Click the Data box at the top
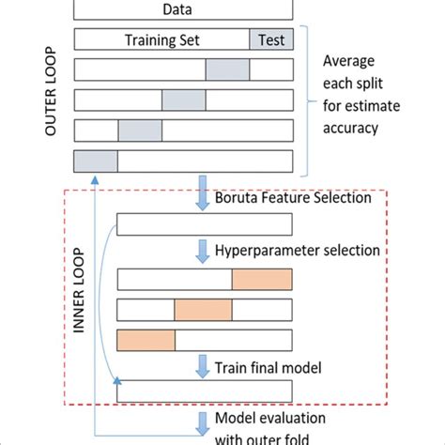[183, 9]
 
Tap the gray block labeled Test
[271, 40]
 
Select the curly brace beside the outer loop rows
[305, 99]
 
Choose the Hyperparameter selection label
[299, 251]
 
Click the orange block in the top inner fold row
[262, 279]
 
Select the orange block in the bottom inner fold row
[146, 340]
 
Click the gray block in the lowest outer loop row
[95, 161]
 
